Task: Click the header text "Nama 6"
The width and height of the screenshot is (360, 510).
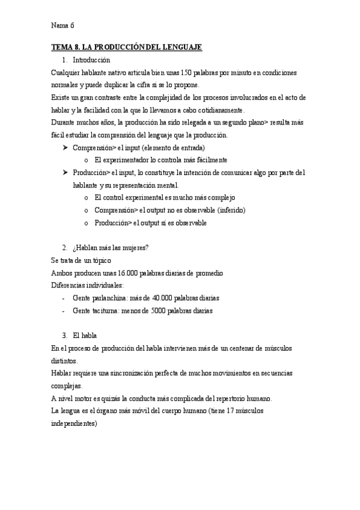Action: [x=63, y=25]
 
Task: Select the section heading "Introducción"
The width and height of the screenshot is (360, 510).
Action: [x=91, y=60]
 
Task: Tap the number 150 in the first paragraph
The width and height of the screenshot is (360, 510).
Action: [x=186, y=73]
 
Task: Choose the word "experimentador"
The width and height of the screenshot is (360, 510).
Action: [x=132, y=161]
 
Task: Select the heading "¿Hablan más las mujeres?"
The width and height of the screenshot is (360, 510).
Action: [x=111, y=248]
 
